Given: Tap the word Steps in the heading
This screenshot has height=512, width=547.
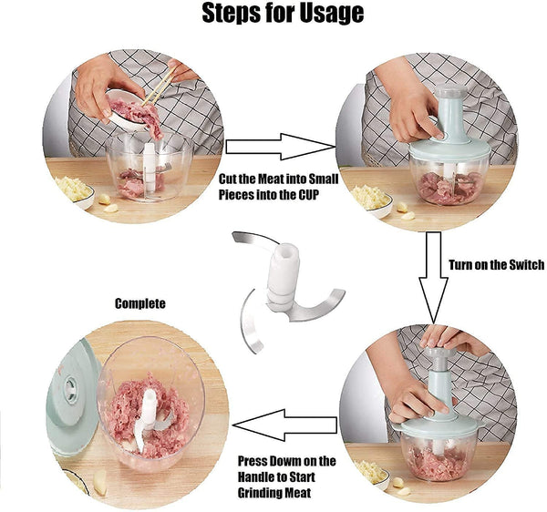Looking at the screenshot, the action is click(230, 13).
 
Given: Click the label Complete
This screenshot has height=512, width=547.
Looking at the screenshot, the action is click(140, 303).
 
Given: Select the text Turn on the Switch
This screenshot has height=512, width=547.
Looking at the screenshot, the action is click(497, 265).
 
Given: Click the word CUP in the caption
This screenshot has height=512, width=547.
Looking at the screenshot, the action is click(308, 195).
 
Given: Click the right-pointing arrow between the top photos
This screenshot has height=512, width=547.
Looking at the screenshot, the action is click(281, 147).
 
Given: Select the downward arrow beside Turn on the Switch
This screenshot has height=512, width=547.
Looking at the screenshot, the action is click(433, 278).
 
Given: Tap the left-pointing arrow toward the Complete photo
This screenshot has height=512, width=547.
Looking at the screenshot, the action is click(284, 425).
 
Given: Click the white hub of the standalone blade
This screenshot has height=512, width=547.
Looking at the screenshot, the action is click(283, 275).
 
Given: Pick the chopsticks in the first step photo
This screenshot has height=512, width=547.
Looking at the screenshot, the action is click(159, 87).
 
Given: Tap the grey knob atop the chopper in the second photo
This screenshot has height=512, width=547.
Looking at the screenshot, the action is click(452, 91).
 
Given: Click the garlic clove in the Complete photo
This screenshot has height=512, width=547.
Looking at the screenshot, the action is click(99, 483).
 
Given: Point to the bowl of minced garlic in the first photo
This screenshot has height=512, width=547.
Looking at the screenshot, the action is click(75, 191).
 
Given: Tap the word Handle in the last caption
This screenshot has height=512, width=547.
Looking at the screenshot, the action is click(258, 476).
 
